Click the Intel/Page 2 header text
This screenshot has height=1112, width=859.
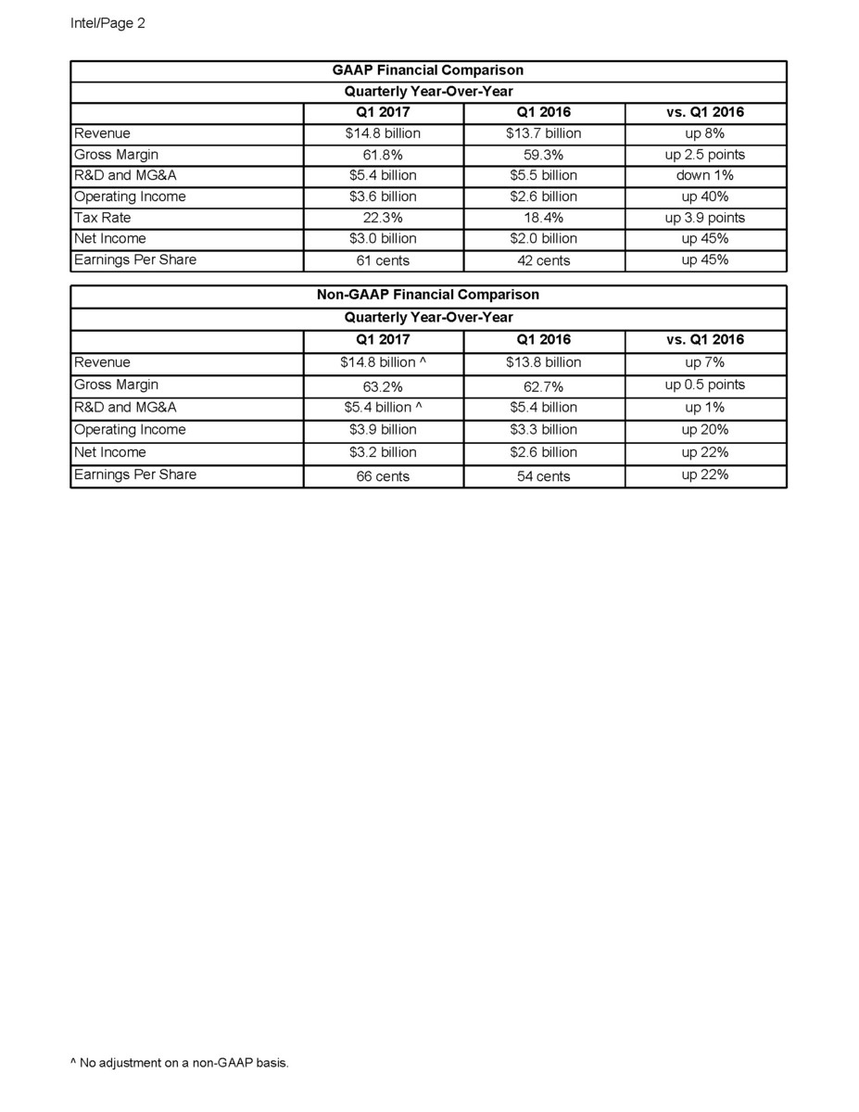pos(107,23)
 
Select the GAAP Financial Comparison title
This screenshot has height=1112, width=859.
pos(427,70)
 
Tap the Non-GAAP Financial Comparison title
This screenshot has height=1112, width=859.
pos(427,295)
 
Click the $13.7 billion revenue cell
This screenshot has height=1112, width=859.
pos(544,133)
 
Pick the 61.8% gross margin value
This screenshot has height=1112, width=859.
pos(383,155)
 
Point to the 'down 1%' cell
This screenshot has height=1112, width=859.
pos(705,175)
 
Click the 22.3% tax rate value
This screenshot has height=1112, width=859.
pos(383,218)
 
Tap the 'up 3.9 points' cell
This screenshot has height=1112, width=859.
pos(705,218)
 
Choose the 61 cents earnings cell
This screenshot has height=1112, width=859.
pos(383,260)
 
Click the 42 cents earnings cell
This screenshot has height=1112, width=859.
pos(544,260)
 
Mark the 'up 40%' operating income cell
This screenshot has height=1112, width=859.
pos(705,196)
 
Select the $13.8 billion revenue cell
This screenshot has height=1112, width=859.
pos(544,362)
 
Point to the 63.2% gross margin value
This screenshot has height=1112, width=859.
pos(383,385)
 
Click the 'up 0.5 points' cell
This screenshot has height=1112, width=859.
pos(705,385)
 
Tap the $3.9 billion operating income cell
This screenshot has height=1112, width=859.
pos(383,430)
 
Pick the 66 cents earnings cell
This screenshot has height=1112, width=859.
pos(383,476)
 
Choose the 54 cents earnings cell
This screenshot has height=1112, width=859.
pos(544,476)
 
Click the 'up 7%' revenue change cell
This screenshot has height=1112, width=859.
pos(705,362)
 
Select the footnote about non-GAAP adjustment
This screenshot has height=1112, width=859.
pos(180,1063)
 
